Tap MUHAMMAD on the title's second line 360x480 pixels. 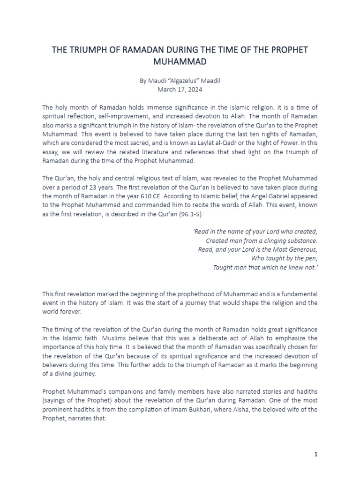pos(180,61)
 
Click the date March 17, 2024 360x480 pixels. pos(180,89)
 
